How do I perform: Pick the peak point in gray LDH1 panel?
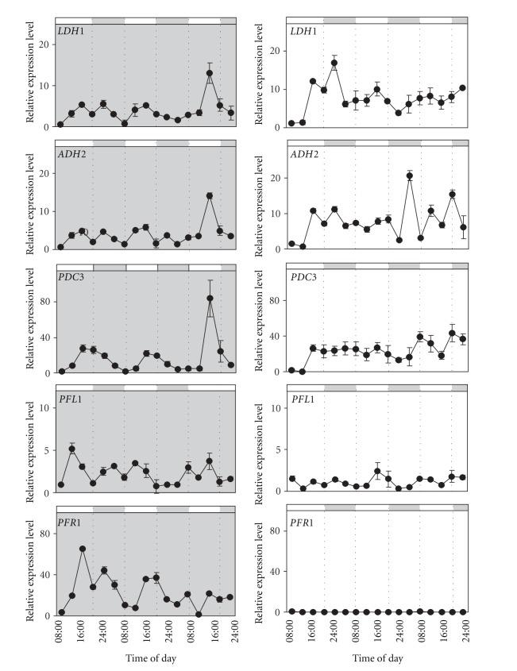pos(210,73)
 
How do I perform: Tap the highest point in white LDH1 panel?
pos(334,63)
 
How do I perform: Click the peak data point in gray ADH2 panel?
pos(210,196)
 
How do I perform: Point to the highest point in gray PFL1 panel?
pos(71,449)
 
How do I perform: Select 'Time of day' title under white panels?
pos(377,659)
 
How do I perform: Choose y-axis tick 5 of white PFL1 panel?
pos(278,449)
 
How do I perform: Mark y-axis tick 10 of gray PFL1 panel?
pos(44,407)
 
